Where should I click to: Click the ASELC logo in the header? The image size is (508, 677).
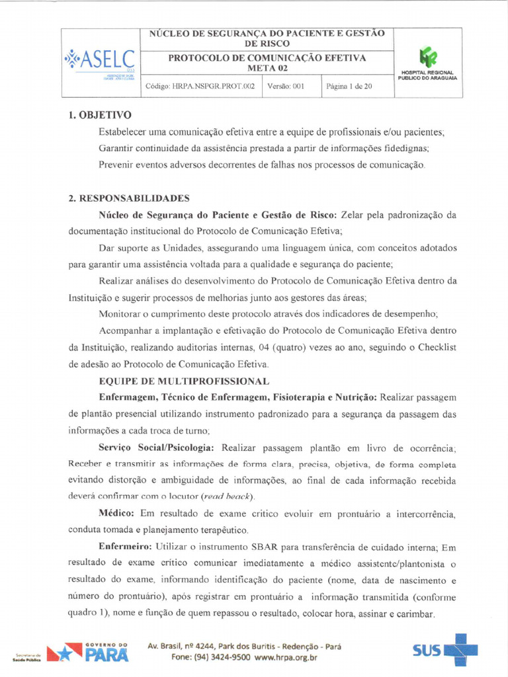coord(100,61)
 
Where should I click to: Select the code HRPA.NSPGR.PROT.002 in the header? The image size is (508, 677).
coord(200,86)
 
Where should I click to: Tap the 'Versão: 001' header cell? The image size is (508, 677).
coord(286,86)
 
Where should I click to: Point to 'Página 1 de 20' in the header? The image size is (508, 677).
coord(349,86)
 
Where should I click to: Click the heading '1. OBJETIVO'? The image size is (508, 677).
coord(100,116)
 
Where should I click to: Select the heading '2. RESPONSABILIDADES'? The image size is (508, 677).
coord(129,198)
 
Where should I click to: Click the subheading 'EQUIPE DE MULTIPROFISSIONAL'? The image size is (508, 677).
coord(184,381)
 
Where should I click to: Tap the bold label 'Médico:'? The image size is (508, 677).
coord(117,514)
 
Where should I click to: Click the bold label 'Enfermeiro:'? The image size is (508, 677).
coord(125,547)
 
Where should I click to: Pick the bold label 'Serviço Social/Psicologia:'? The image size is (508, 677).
coord(156,448)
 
